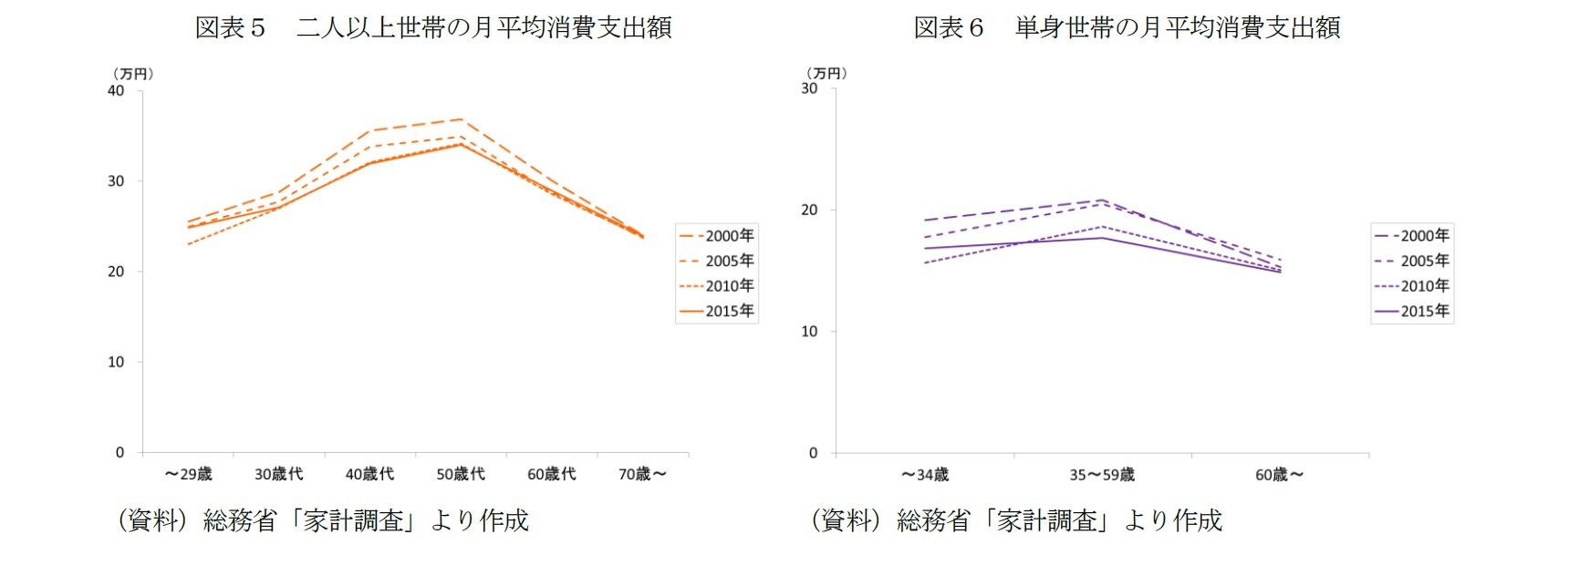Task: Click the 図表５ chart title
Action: pyautogui.click(x=433, y=27)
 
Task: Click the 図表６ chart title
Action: pyautogui.click(x=1127, y=27)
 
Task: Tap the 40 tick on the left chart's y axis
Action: pyautogui.click(x=116, y=90)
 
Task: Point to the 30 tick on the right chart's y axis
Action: pyautogui.click(x=809, y=88)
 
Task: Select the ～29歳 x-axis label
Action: pyautogui.click(x=188, y=474)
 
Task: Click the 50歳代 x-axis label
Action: pyautogui.click(x=461, y=474)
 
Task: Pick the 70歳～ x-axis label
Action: pyautogui.click(x=642, y=474)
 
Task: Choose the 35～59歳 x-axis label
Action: pyautogui.click(x=1102, y=475)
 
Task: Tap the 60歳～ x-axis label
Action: pyautogui.click(x=1279, y=475)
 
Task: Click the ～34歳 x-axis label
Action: pyautogui.click(x=925, y=475)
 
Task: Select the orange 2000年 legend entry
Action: pyautogui.click(x=717, y=236)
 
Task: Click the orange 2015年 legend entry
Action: pyautogui.click(x=717, y=311)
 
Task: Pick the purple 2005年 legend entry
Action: pyautogui.click(x=1412, y=261)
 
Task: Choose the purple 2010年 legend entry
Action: pyautogui.click(x=1412, y=286)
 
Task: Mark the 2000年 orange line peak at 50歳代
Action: pyautogui.click(x=462, y=119)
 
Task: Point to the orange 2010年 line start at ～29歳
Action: pyautogui.click(x=188, y=244)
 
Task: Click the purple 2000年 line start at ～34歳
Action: pyautogui.click(x=925, y=221)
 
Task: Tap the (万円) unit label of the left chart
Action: pyautogui.click(x=133, y=74)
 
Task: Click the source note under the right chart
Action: pyautogui.click(x=1016, y=520)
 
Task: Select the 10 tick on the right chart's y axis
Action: pyautogui.click(x=809, y=332)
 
